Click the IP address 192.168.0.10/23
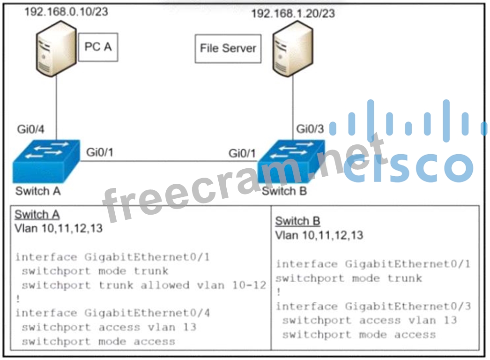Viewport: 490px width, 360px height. coord(66,11)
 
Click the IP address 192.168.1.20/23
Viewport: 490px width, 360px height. coord(293,13)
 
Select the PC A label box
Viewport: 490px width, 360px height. coord(98,47)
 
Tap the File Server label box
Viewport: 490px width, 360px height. coord(228,48)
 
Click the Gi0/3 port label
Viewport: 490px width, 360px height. coord(310,129)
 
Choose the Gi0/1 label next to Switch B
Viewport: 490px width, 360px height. coord(242,153)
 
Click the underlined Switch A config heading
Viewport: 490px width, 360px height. coord(37,215)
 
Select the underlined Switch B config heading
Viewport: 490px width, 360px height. coord(297,221)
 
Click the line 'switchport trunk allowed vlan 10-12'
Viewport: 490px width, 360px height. coord(144,285)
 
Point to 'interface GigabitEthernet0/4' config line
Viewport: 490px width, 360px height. coord(112,313)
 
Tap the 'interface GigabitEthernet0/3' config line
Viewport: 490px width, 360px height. coord(373,307)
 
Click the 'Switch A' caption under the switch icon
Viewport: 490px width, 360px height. coord(38,191)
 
